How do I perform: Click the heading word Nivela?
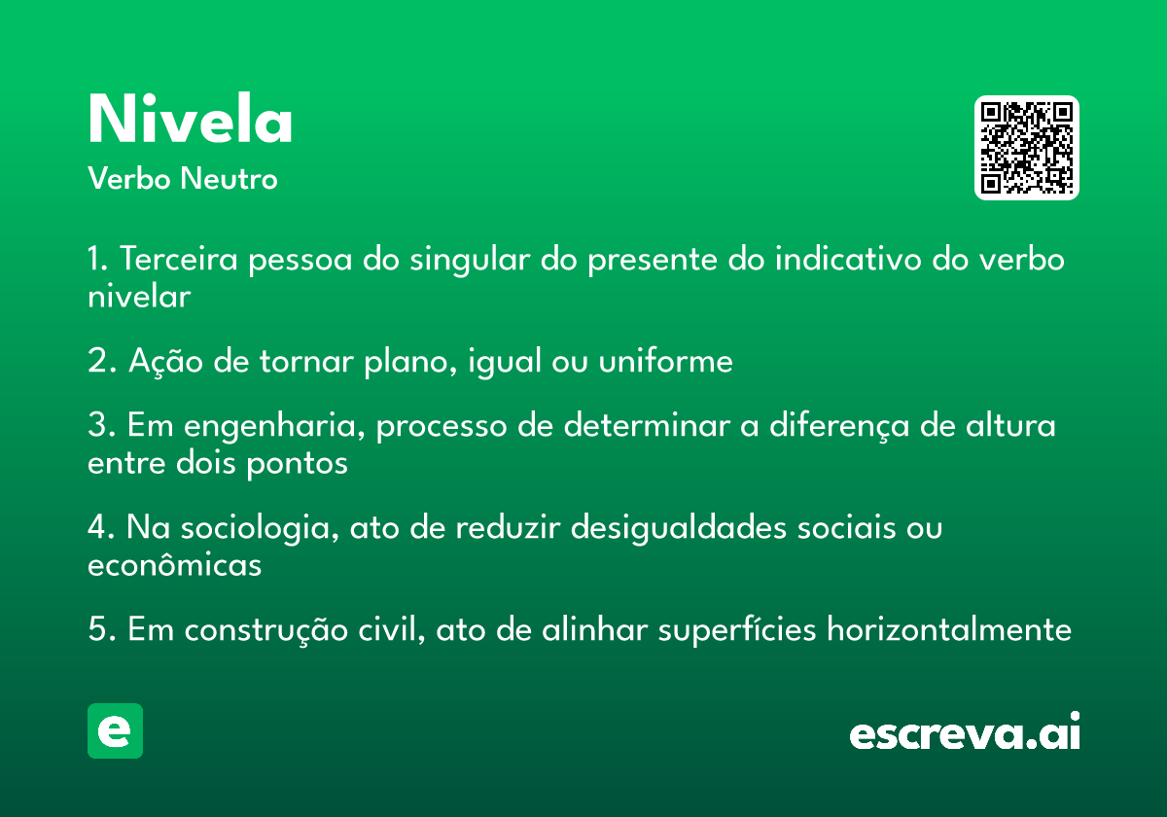click(x=191, y=119)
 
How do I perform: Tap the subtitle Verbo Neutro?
click(x=183, y=178)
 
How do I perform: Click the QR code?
click(x=1026, y=148)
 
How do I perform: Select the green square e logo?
click(x=115, y=730)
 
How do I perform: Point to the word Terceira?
click(x=179, y=259)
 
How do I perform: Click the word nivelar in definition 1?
click(x=139, y=297)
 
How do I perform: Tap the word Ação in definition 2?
click(x=165, y=362)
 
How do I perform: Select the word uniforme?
click(x=665, y=361)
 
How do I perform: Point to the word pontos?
click(x=297, y=464)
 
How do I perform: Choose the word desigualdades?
click(x=679, y=527)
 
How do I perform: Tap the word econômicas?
click(x=174, y=564)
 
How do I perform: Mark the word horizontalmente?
click(x=949, y=629)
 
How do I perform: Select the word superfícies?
click(x=737, y=630)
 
